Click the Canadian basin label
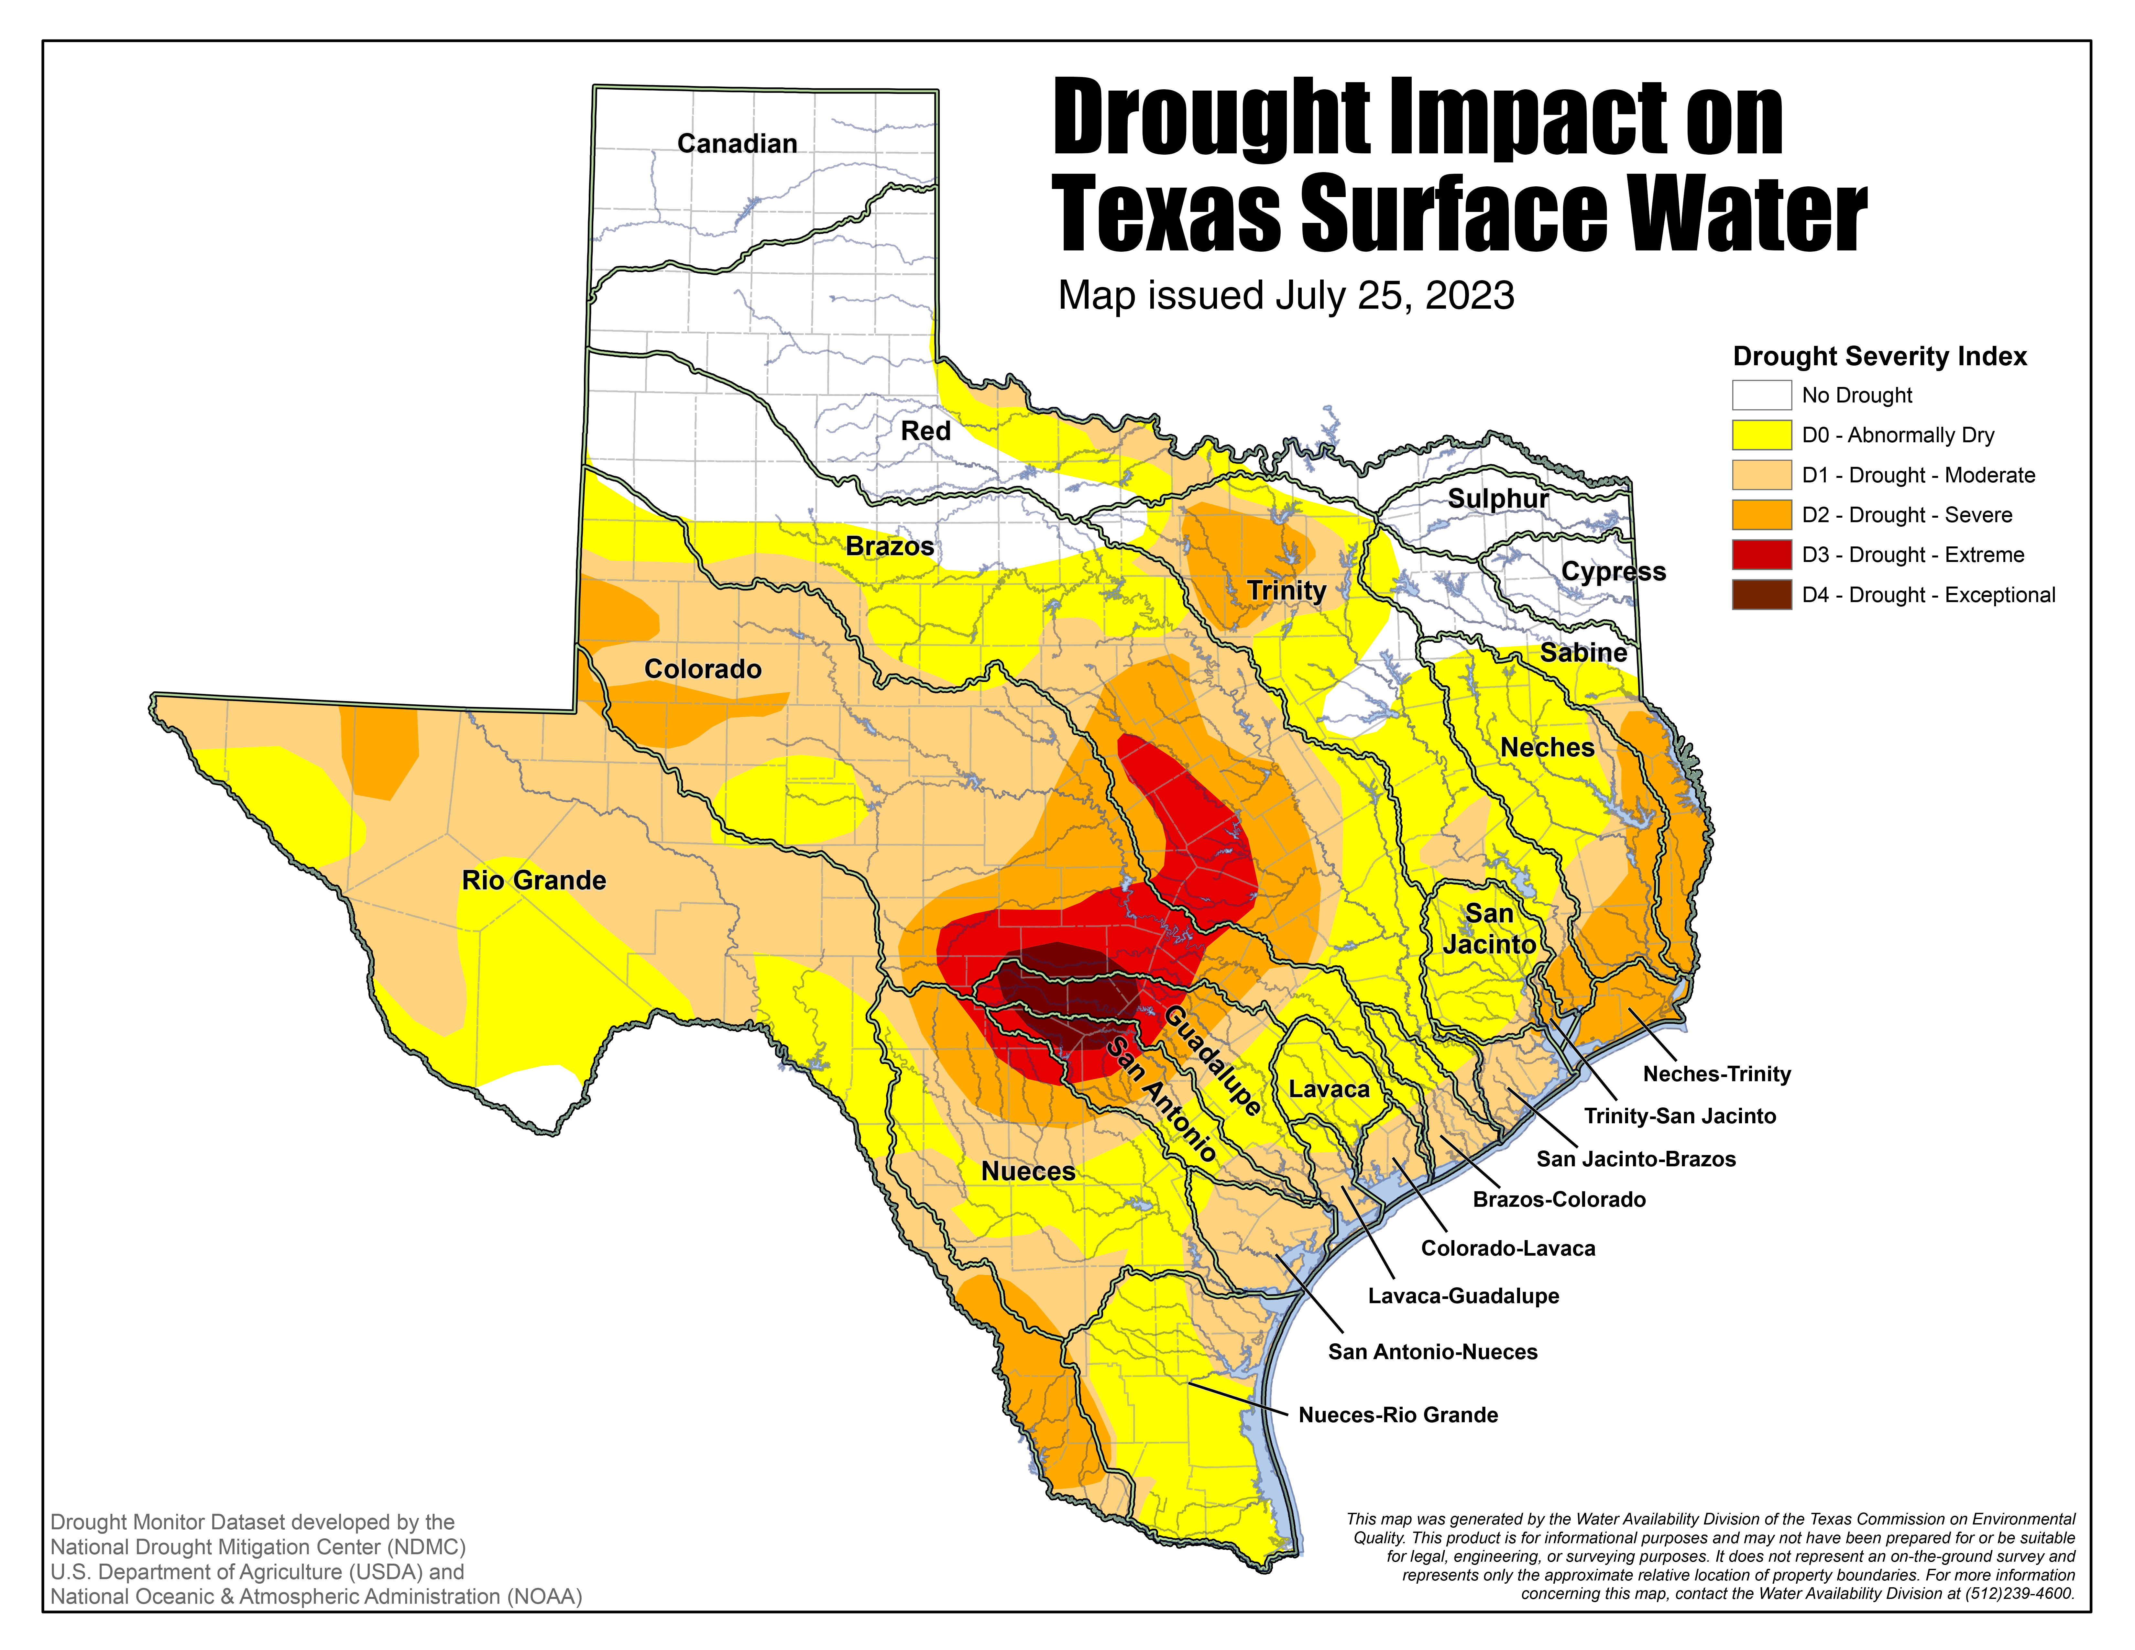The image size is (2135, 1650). point(737,144)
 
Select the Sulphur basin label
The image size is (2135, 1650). point(1498,499)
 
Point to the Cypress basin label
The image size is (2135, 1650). point(1613,572)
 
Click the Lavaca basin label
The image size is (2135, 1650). point(1329,1089)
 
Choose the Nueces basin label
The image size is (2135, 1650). point(1027,1171)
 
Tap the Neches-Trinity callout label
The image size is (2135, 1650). point(1717,1073)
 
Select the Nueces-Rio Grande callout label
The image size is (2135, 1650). point(1398,1414)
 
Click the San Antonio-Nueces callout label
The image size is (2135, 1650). point(1432,1352)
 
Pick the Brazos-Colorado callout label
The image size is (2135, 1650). point(1559,1199)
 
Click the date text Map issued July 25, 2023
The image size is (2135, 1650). point(1286,295)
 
